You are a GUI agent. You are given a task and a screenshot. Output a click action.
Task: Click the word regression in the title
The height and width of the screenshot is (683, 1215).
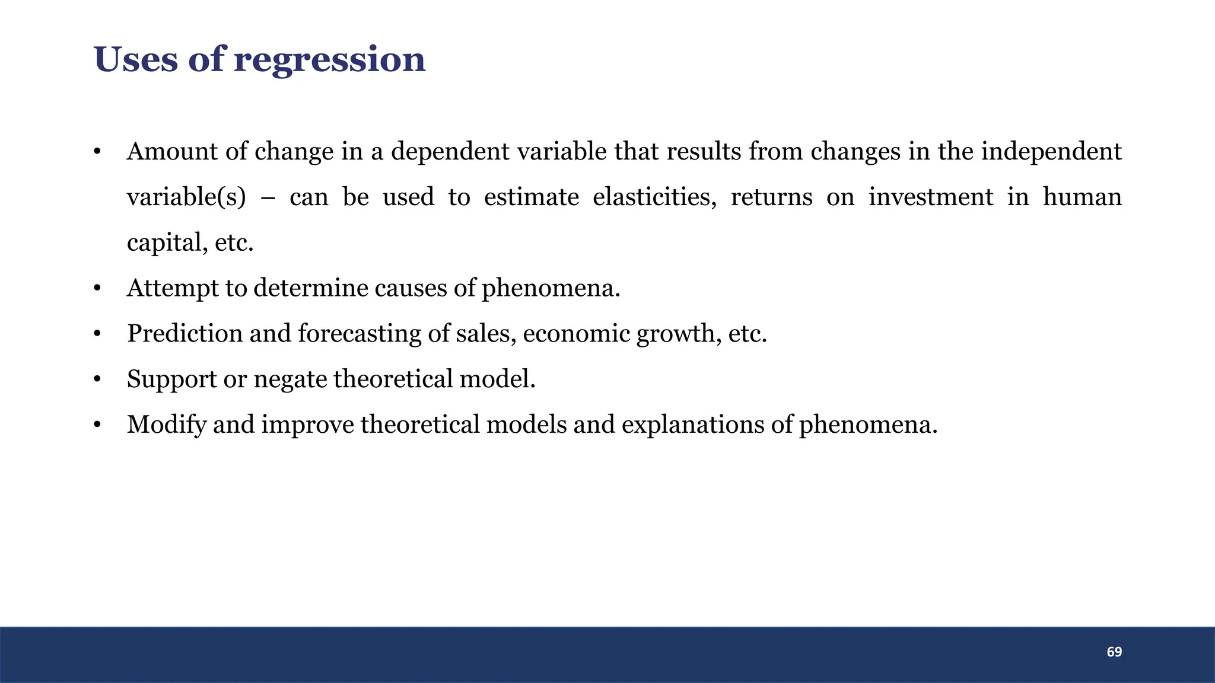[x=329, y=60]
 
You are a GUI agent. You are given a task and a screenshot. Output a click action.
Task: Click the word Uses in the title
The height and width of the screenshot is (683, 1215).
[x=135, y=59]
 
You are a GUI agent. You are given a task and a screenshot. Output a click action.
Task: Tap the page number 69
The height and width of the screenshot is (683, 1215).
[x=1114, y=652]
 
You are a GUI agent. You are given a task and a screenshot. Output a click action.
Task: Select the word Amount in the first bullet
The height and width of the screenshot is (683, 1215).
[x=172, y=152]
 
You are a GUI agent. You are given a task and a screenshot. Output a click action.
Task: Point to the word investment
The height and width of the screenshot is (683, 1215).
[x=930, y=197]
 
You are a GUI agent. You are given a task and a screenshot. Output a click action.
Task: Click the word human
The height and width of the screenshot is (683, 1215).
[x=1082, y=197]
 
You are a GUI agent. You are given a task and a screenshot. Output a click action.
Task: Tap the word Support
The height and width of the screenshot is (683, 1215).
[x=171, y=379]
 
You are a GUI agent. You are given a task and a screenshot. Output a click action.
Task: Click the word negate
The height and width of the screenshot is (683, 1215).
[x=290, y=379]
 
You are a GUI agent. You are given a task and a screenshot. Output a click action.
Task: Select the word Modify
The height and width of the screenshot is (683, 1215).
[x=166, y=425]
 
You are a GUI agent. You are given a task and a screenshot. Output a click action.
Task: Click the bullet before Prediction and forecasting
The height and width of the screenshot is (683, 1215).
[x=97, y=334]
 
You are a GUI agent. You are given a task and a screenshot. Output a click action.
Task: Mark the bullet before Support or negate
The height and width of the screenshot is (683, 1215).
[x=97, y=379]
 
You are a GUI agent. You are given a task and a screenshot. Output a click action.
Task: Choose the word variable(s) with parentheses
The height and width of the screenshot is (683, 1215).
[x=186, y=197]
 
